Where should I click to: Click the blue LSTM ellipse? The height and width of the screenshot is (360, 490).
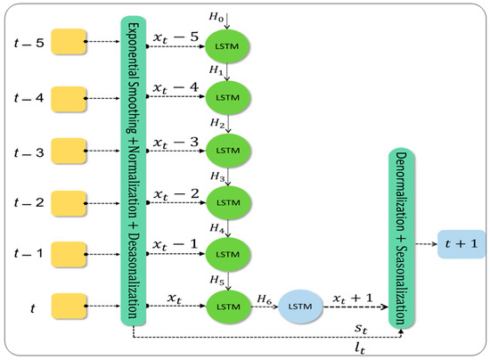(x=302, y=307)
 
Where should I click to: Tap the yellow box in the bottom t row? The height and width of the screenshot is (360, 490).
(x=69, y=307)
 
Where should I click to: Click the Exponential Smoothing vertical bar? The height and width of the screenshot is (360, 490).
(x=132, y=169)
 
